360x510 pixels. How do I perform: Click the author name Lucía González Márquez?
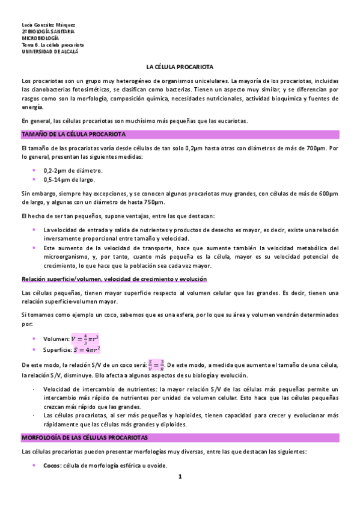[x=44, y=23]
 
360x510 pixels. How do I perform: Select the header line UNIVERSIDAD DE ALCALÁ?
[x=46, y=52]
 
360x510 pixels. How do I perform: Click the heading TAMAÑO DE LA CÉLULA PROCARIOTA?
[x=73, y=134]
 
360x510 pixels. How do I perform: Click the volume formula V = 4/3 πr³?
[x=85, y=339]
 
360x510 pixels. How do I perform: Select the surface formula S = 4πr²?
[x=87, y=349]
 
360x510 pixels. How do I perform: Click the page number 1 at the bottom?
[x=180, y=477]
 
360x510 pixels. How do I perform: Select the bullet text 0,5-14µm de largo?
[x=68, y=179]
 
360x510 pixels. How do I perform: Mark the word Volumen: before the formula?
[x=56, y=339]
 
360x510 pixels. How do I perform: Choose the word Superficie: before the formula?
[x=59, y=350]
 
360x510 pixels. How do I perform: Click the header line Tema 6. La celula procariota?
[x=52, y=45]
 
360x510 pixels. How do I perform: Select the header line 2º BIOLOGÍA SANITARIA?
[x=49, y=31]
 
